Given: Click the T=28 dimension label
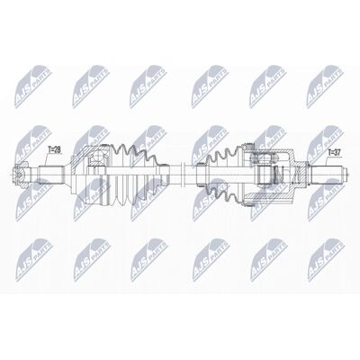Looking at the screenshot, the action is point(55,150).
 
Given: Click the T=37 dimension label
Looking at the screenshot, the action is point(334,153).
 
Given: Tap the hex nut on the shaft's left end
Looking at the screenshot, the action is point(21,174).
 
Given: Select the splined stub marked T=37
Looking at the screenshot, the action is point(328,174).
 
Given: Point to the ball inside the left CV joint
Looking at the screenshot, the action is point(97,157).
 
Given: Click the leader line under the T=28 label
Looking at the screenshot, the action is point(46,159).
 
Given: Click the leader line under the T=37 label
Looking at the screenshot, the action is point(326,160).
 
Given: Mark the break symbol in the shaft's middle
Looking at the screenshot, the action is point(184,174).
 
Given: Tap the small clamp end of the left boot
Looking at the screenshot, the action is point(164,174).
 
